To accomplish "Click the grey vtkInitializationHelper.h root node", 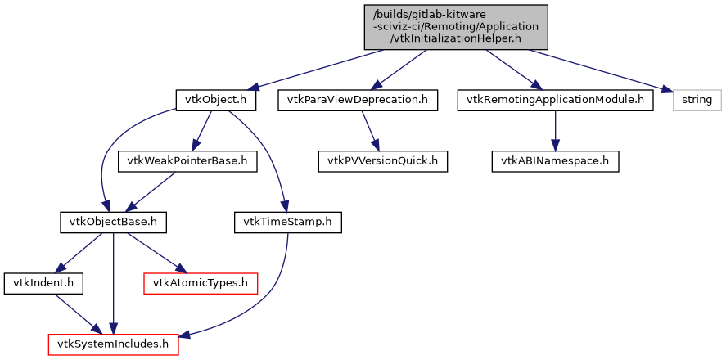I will (456, 26).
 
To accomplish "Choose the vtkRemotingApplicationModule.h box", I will (556, 101).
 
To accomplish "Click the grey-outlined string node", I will (697, 101).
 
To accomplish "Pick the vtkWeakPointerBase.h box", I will (188, 161).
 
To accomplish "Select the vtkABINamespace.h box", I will (556, 161).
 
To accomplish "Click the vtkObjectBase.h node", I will (114, 222).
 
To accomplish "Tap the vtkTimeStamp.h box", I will (288, 222).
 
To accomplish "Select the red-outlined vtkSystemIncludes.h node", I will (113, 344).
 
